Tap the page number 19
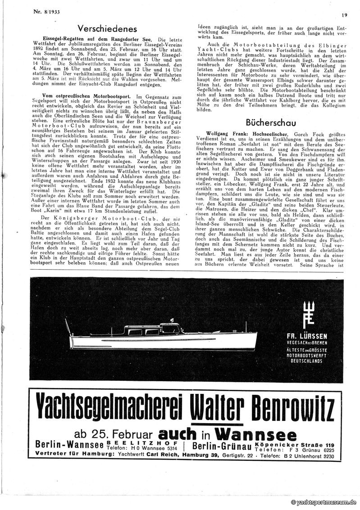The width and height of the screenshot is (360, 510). point(344,15)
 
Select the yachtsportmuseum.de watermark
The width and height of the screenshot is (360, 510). point(323,503)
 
